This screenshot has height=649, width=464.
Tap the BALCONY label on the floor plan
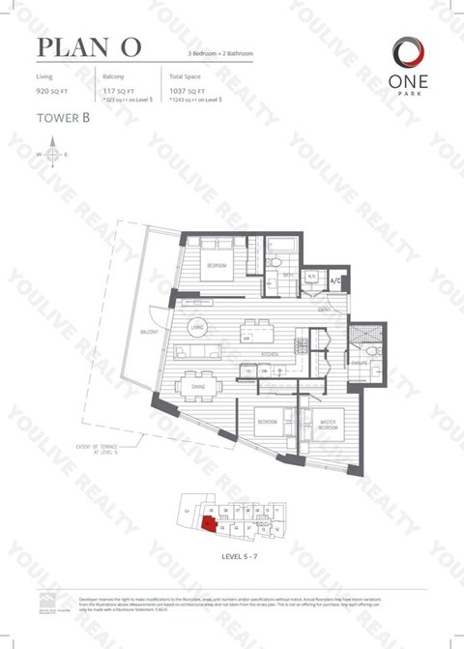click(x=149, y=332)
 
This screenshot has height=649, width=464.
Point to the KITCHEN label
click(x=274, y=355)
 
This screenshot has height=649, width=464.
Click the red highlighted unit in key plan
click(x=208, y=525)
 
